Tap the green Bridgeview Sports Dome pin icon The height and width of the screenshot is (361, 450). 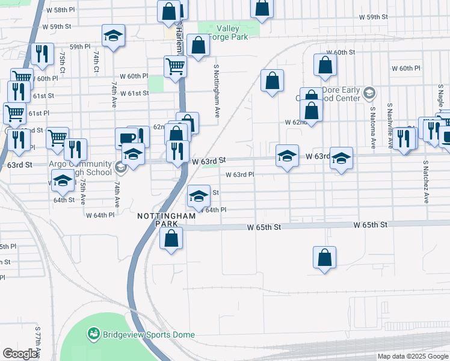click(93, 333)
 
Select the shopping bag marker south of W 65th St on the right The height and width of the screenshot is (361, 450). click(324, 257)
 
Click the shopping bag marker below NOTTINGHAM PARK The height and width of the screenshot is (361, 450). click(171, 238)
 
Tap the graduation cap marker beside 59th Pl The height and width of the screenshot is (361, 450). click(112, 35)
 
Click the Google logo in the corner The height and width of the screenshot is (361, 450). click(20, 354)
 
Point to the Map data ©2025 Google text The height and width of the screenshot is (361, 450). click(412, 356)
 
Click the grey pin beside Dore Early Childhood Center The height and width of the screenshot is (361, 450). click(369, 93)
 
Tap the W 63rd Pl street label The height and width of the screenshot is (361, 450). click(240, 174)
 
